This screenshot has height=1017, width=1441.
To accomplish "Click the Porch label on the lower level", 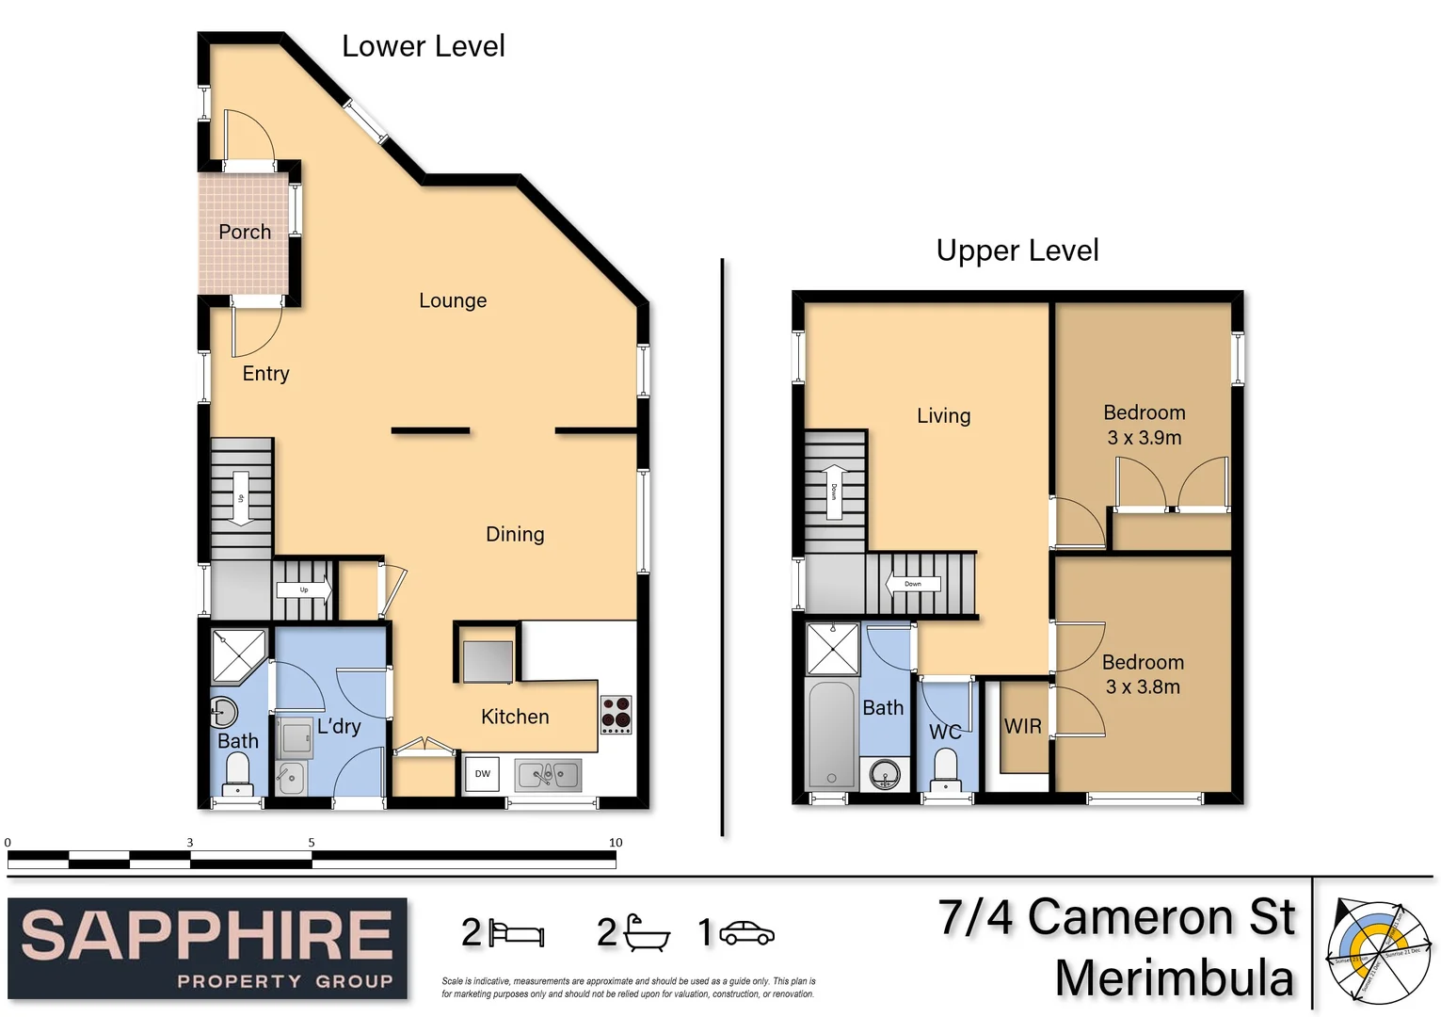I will pyautogui.click(x=245, y=232).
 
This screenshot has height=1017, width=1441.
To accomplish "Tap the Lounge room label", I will pyautogui.click(x=453, y=300).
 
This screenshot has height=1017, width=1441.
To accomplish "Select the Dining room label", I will pyautogui.click(x=515, y=534).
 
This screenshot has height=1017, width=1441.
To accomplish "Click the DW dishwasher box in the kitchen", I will pyautogui.click(x=482, y=774).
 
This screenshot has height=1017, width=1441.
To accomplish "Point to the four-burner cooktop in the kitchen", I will pyautogui.click(x=616, y=715).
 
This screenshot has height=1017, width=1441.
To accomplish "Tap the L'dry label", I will pyautogui.click(x=339, y=726).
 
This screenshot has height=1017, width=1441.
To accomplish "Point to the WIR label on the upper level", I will pyautogui.click(x=1023, y=726).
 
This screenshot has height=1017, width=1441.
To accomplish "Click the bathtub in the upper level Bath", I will pyautogui.click(x=831, y=734).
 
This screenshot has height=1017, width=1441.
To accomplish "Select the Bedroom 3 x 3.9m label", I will pyautogui.click(x=1145, y=425).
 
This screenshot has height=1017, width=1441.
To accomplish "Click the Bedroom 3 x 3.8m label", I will pyautogui.click(x=1144, y=674).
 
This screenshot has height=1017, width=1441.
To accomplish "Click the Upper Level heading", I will pyautogui.click(x=1017, y=250).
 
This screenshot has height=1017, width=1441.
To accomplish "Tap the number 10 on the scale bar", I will pyautogui.click(x=616, y=843).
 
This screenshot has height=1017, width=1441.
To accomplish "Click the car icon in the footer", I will pyautogui.click(x=746, y=933).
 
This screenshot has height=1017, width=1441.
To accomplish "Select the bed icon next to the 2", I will pyautogui.click(x=517, y=933).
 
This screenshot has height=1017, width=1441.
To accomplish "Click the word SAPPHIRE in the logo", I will pyautogui.click(x=207, y=936).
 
